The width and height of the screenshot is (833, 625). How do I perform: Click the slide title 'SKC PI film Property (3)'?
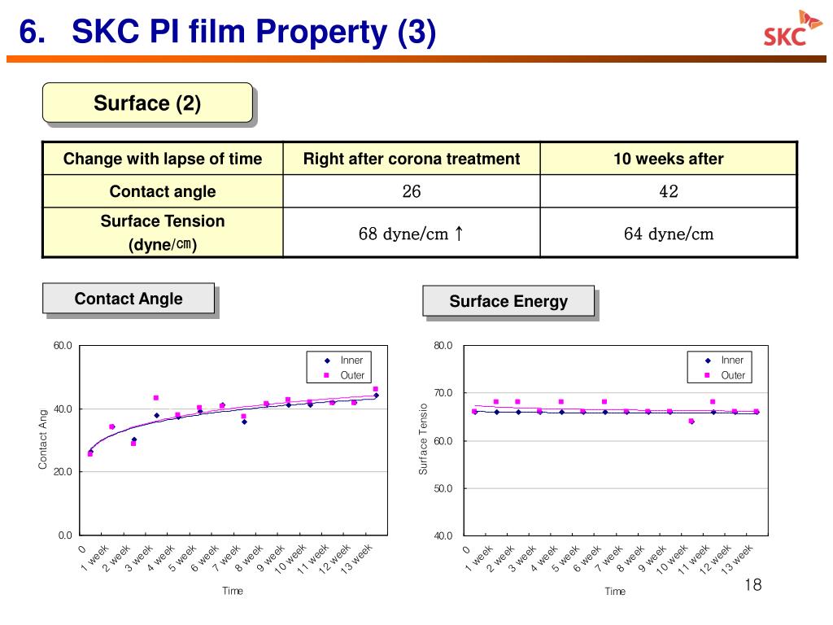click(255, 33)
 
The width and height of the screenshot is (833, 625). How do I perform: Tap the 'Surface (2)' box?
click(147, 103)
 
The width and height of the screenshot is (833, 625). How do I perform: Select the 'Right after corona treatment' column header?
click(411, 159)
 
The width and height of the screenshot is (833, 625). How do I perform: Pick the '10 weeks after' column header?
click(668, 159)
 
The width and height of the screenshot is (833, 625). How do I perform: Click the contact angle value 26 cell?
click(411, 192)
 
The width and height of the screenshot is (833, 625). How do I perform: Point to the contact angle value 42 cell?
click(668, 192)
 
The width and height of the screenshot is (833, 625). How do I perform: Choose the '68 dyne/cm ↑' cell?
click(411, 234)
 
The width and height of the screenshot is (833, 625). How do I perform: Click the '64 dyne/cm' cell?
click(668, 234)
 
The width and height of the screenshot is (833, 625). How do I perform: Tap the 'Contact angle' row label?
click(163, 192)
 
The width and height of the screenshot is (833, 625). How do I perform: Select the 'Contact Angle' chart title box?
click(129, 299)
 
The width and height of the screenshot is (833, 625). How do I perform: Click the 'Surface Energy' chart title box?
click(508, 302)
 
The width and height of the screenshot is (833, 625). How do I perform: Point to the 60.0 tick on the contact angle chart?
click(63, 346)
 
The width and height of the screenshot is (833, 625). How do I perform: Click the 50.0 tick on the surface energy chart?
click(443, 488)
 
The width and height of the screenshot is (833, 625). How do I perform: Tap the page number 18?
click(752, 586)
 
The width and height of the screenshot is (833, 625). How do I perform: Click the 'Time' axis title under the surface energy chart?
click(615, 592)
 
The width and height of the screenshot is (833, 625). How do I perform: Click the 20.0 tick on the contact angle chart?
click(63, 472)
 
